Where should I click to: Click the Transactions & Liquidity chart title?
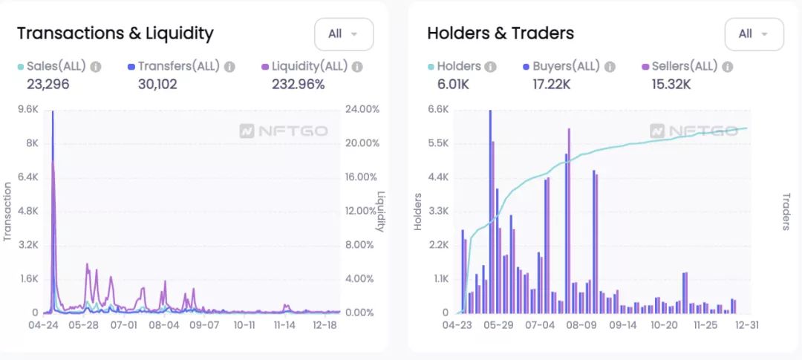pos(115,33)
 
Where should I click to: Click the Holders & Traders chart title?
pos(501,33)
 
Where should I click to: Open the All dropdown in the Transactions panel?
pos(343,34)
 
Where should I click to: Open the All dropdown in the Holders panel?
pos(753,34)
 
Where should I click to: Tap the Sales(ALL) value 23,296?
pos(48,84)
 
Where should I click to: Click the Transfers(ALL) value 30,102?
pos(157,84)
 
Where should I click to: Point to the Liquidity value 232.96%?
pos(298,84)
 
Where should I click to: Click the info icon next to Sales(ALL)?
pos(96,67)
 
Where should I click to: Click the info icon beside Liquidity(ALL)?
pos(357,67)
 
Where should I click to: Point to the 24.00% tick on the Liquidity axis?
pos(362,109)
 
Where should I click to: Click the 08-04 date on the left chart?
pos(164,325)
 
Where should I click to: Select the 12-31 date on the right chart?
pos(746,325)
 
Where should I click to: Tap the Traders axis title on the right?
pos(786,212)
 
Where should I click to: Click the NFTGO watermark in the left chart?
pos(284,131)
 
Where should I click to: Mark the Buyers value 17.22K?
pos(551,84)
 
